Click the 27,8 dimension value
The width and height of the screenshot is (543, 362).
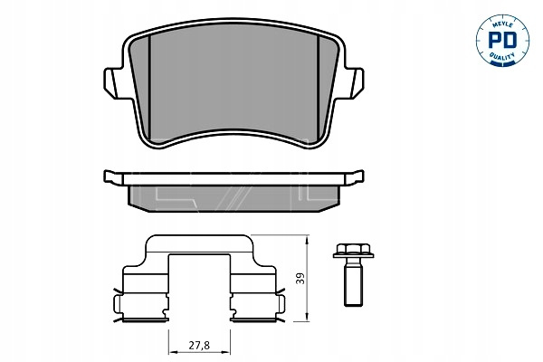click(x=199, y=346)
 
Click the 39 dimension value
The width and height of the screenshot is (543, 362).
click(x=300, y=278)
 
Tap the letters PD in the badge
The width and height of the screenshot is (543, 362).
click(x=502, y=41)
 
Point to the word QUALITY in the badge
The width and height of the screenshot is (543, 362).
click(x=501, y=56)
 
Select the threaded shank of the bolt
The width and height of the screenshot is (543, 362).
click(x=353, y=282)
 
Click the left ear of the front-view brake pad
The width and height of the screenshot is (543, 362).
click(x=113, y=82)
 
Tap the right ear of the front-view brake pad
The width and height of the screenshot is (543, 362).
click(x=354, y=82)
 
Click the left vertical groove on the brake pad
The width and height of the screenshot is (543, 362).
click(x=149, y=87)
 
